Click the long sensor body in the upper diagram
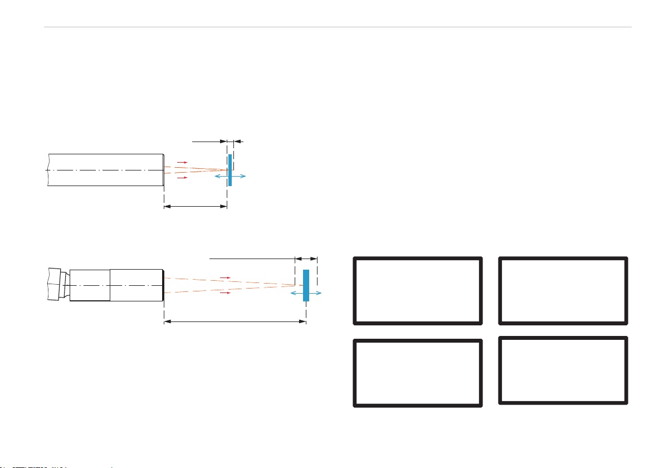pos(106,170)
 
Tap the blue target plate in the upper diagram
pos(230,162)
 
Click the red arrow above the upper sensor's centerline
pos(182,162)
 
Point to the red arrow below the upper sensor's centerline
pos(182,178)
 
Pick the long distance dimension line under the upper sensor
pos(196,207)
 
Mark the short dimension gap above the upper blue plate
pos(231,142)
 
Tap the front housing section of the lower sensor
pos(136,285)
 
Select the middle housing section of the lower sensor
pos(90,285)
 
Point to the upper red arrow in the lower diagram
pos(225,277)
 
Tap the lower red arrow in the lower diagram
pos(225,292)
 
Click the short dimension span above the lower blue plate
pos(306,259)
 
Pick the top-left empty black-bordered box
pos(417,290)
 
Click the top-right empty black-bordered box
pos(563,290)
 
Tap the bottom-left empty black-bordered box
pos(417,373)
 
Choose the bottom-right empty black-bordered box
pos(563,370)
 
